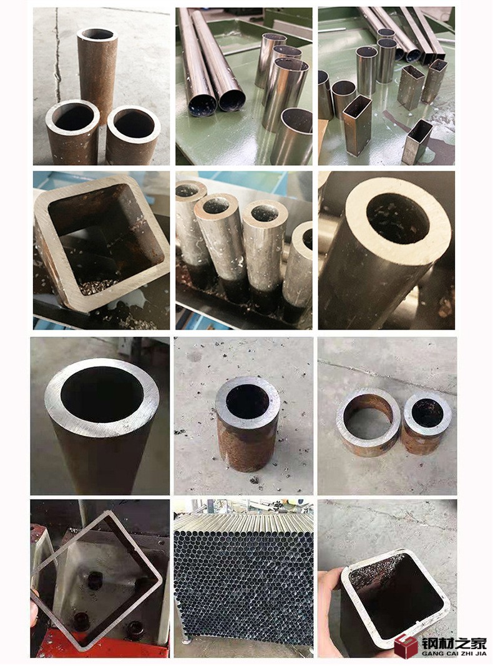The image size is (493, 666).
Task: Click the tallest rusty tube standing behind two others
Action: pyautogui.click(x=97, y=72)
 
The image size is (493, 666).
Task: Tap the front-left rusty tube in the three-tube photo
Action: pyautogui.click(x=72, y=133)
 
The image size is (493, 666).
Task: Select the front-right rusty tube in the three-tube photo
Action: pyautogui.click(x=133, y=136)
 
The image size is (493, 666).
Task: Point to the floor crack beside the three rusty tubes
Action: pyautogui.click(x=57, y=55)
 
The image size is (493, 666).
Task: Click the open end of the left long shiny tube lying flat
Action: pyautogui.click(x=202, y=105)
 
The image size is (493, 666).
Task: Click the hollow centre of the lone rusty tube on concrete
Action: pyautogui.click(x=247, y=401)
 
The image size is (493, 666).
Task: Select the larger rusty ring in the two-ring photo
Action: pyautogui.click(x=368, y=422)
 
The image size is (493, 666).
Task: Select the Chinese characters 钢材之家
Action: pyautogui.click(x=454, y=643)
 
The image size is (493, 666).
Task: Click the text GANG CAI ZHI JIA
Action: pyautogui.click(x=454, y=654)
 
